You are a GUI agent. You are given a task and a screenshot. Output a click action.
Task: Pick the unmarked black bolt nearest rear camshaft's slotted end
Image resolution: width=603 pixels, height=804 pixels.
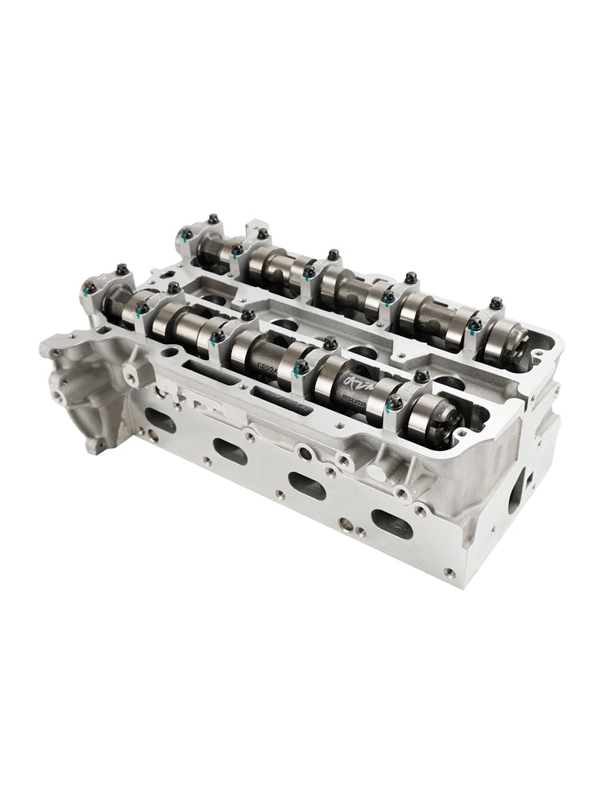(494, 304)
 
